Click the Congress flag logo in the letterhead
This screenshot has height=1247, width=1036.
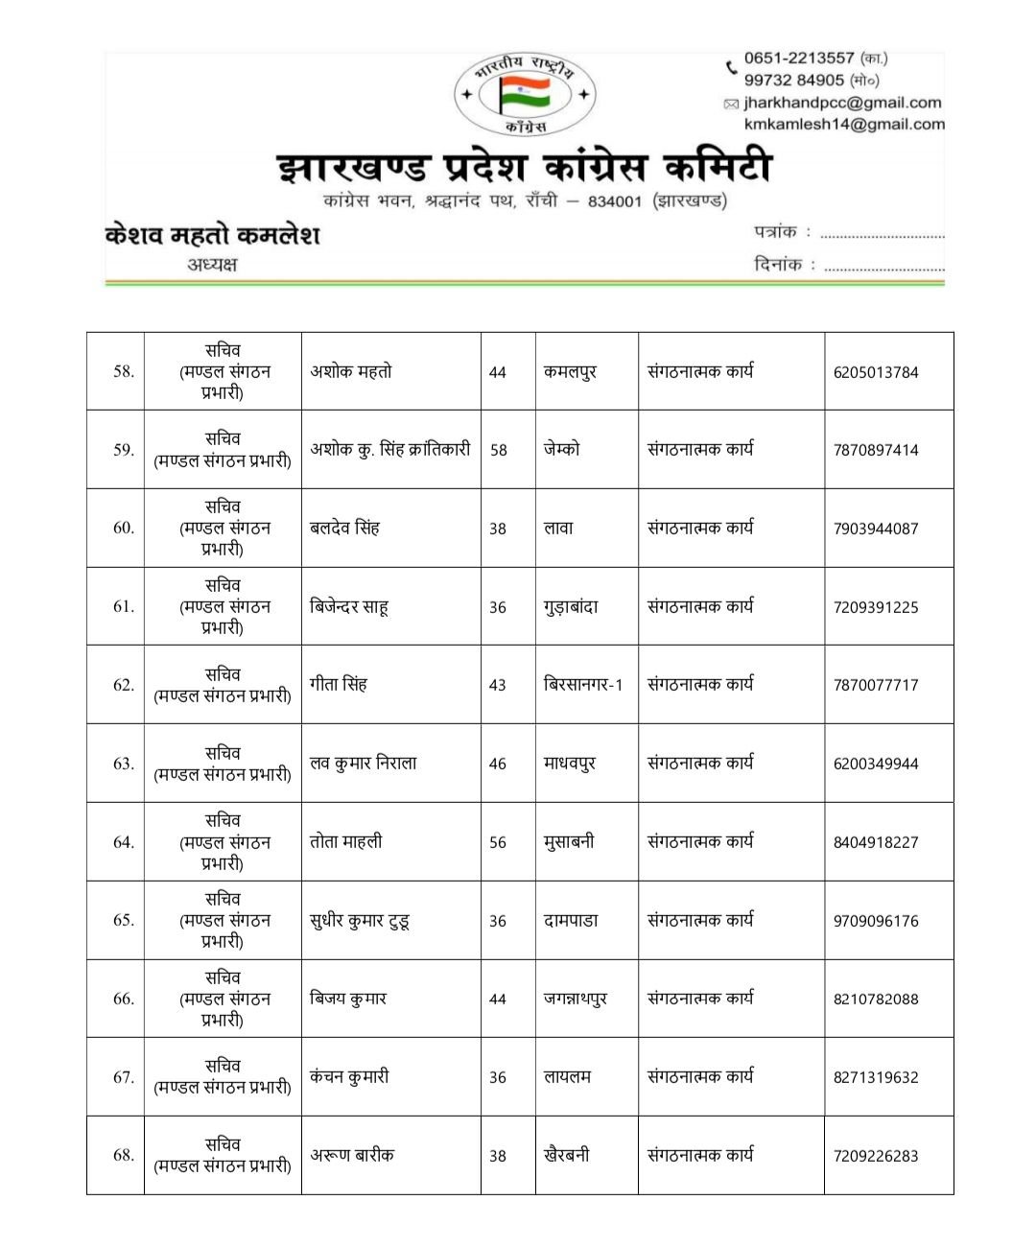525,94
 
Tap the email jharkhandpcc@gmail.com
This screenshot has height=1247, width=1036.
842,103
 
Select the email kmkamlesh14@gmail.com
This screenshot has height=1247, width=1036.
844,124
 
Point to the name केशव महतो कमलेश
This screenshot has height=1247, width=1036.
212,235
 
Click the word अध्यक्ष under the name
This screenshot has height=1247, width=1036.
212,265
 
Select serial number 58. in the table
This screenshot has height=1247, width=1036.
124,371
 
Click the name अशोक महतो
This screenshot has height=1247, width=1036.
351,371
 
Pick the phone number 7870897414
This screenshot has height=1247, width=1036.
876,450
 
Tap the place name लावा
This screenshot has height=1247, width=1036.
558,528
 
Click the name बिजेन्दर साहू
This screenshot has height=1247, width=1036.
348,606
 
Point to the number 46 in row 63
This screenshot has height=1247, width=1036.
498,764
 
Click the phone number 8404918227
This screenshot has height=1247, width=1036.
876,842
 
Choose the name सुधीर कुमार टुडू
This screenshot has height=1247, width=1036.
360,921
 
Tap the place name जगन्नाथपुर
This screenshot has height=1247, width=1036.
576,999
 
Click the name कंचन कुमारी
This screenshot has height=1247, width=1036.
349,1077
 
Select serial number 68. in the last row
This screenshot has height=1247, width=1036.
124,1155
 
